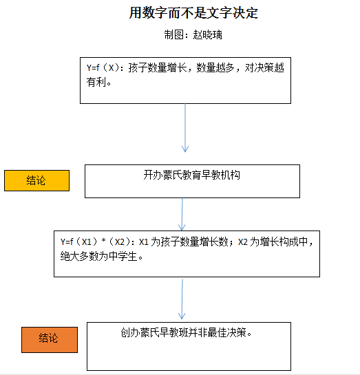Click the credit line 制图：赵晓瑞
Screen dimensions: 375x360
pos(188,34)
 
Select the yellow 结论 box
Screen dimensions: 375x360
pos(36,180)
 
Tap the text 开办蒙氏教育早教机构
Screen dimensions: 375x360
pos(192,175)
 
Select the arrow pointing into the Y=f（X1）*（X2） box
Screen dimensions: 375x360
pos(182,214)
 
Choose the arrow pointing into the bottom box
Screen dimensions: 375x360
pos(182,299)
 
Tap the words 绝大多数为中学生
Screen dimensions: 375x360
pos(99,257)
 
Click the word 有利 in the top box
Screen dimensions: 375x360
pos(96,82)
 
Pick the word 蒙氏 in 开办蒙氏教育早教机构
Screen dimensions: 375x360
pos(170,175)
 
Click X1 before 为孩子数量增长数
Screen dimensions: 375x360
pos(144,242)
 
